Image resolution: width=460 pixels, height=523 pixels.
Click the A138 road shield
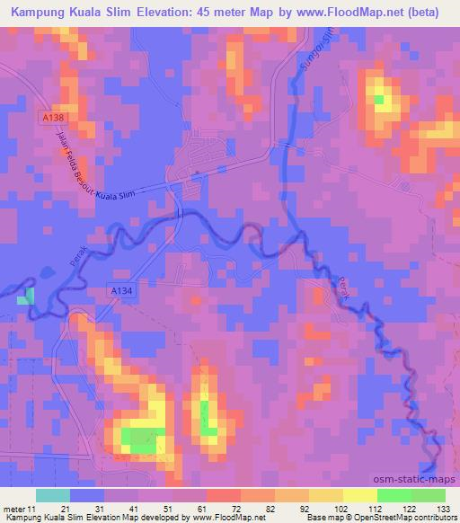point(52,118)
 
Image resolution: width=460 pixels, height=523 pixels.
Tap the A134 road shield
point(122,289)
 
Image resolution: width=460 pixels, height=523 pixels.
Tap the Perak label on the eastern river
point(345,289)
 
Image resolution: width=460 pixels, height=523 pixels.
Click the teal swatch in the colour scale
point(53,495)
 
